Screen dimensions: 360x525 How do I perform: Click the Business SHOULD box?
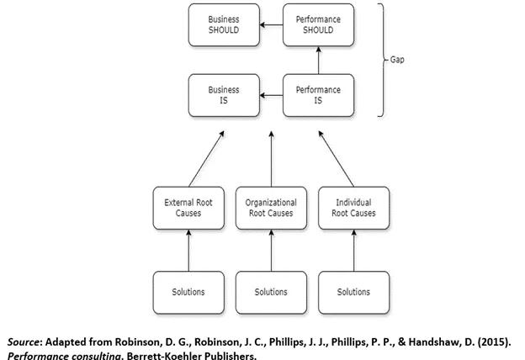(x=224, y=24)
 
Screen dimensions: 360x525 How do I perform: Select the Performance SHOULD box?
(x=318, y=24)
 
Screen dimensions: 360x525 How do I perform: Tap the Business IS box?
(x=224, y=95)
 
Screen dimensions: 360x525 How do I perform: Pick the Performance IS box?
(x=318, y=95)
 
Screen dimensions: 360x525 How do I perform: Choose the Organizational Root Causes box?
(x=271, y=208)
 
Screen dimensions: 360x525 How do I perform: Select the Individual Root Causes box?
(x=353, y=208)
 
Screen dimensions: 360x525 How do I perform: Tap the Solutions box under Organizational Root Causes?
(x=271, y=292)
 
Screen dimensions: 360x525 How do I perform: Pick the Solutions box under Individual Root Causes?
(x=353, y=292)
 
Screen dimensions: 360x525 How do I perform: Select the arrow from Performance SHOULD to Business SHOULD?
(x=271, y=25)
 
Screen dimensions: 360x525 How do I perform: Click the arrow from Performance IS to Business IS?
(x=271, y=96)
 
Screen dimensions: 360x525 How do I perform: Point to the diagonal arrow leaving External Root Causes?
(x=207, y=157)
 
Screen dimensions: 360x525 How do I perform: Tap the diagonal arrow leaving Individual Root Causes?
(x=337, y=157)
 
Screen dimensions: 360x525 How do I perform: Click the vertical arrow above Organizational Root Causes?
(x=271, y=157)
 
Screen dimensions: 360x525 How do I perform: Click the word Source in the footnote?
(x=25, y=342)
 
